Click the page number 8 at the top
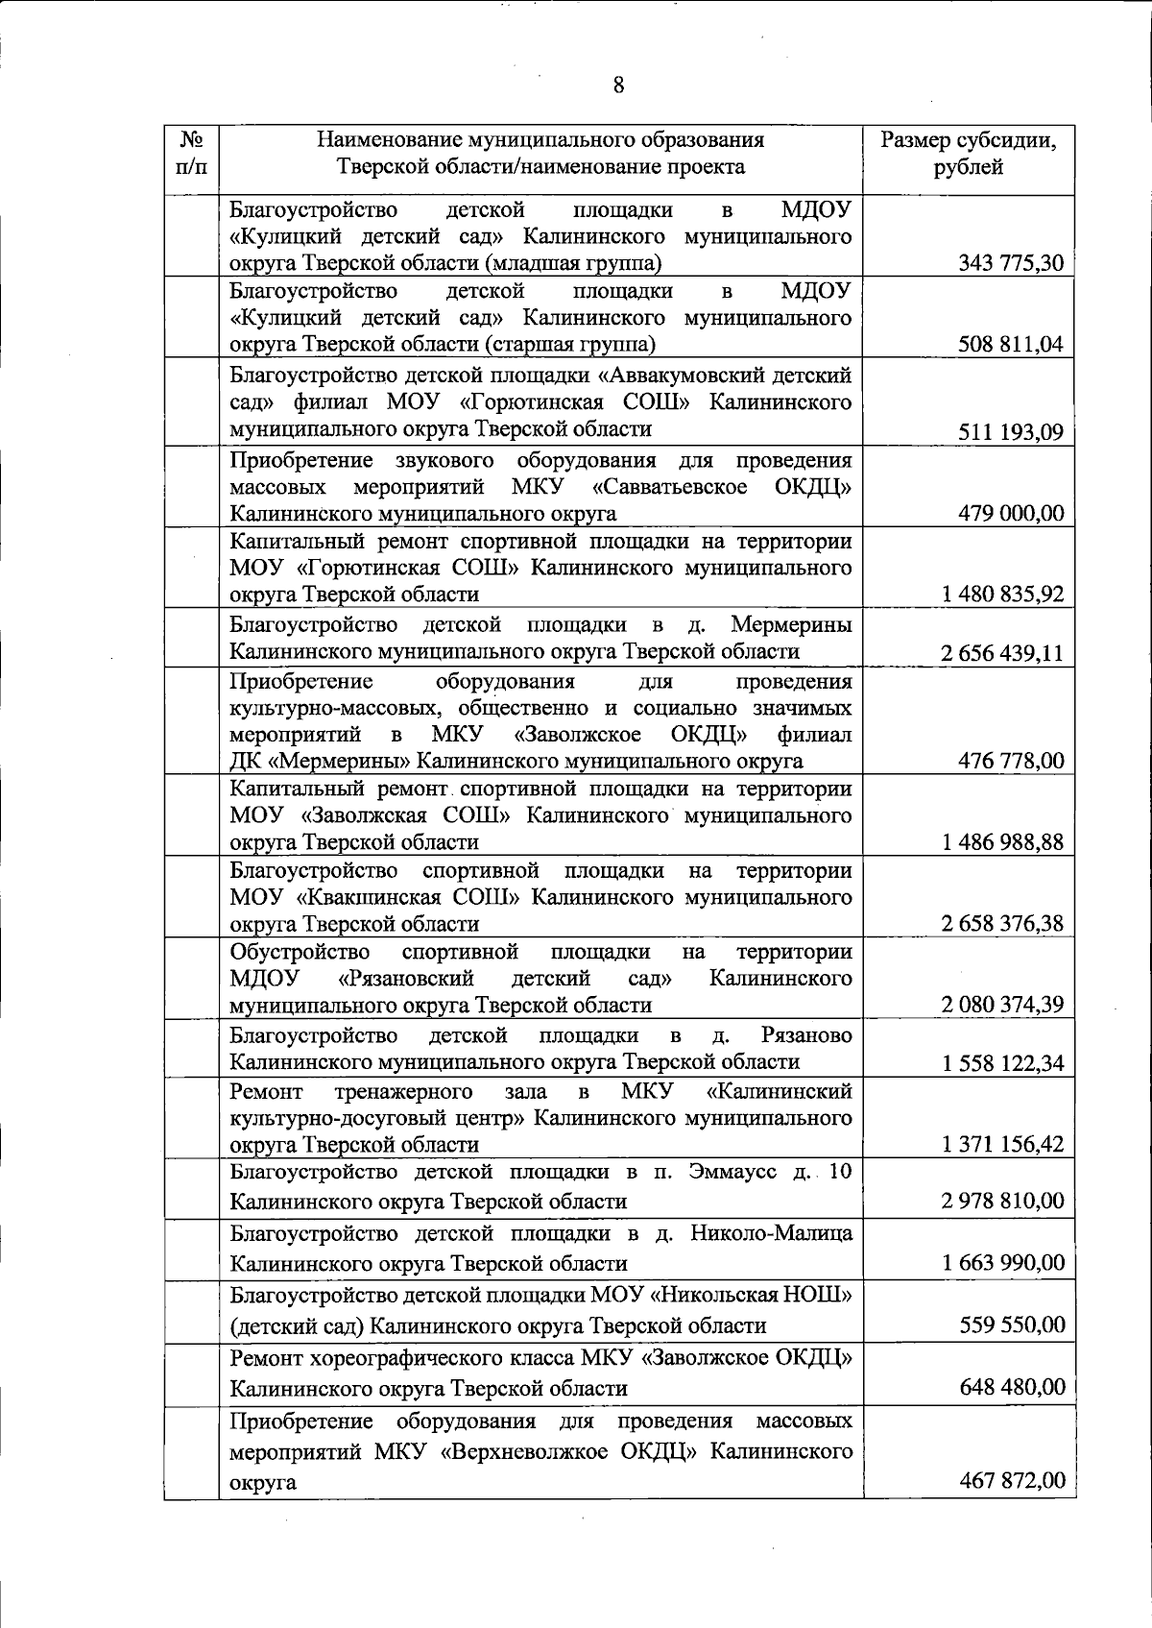pyautogui.click(x=618, y=86)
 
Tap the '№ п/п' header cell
pyautogui.click(x=190, y=154)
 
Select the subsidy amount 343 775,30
pyautogui.click(x=1011, y=262)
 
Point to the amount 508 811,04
pyautogui.click(x=1011, y=344)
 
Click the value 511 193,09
pyautogui.click(x=1011, y=431)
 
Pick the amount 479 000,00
pyautogui.click(x=1011, y=513)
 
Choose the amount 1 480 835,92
pyautogui.click(x=1003, y=594)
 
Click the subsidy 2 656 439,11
pyautogui.click(x=1003, y=653)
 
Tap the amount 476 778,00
pyautogui.click(x=1011, y=761)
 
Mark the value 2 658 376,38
pyautogui.click(x=1003, y=924)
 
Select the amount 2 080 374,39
pyautogui.click(x=1003, y=1005)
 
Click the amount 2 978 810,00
pyautogui.click(x=1004, y=1201)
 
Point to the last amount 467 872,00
pyautogui.click(x=1012, y=1480)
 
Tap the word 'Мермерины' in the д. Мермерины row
pyautogui.click(x=791, y=625)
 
